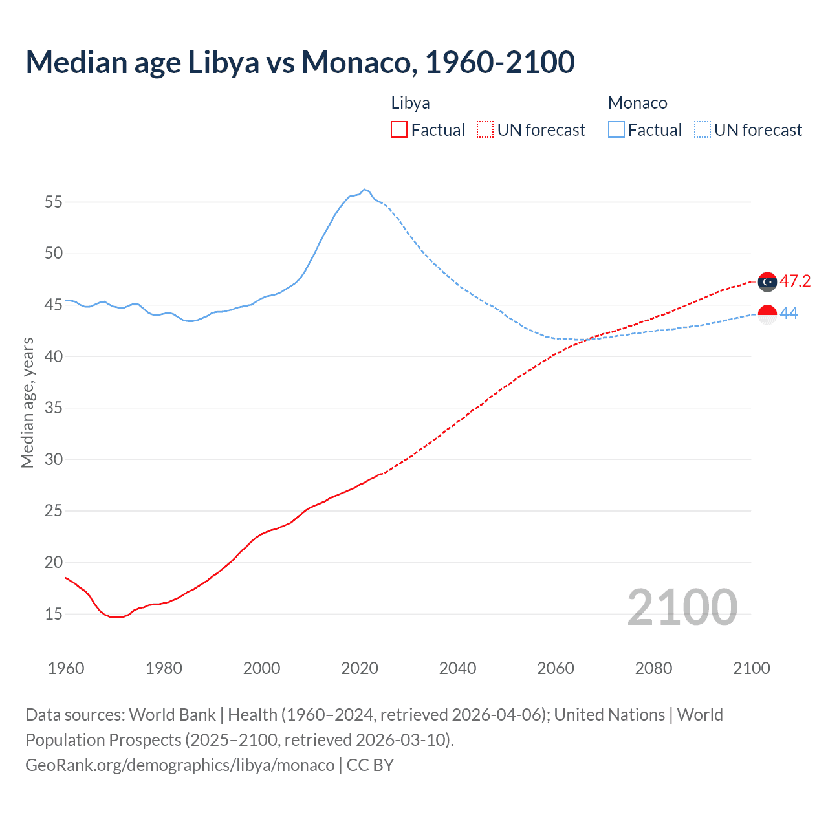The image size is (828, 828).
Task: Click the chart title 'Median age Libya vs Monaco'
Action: click(x=300, y=62)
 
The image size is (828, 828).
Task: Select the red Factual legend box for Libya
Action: click(x=399, y=130)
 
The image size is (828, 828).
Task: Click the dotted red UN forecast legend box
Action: click(x=485, y=130)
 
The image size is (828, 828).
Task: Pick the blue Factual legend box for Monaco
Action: click(x=616, y=130)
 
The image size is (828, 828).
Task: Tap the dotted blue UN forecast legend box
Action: click(x=703, y=130)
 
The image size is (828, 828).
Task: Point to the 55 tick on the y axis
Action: click(x=54, y=202)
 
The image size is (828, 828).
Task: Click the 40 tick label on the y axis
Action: click(x=54, y=356)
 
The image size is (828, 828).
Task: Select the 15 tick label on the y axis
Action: click(x=54, y=614)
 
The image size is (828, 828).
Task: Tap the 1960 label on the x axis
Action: click(x=66, y=668)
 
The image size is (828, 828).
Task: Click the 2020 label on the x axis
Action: click(x=360, y=668)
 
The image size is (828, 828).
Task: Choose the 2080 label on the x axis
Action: click(x=653, y=668)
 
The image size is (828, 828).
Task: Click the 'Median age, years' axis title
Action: click(x=27, y=402)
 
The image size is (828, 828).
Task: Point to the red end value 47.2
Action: click(x=795, y=281)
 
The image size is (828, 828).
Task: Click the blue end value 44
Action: click(x=789, y=313)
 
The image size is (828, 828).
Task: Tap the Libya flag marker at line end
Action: click(x=767, y=282)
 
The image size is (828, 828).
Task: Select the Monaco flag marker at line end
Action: click(x=767, y=314)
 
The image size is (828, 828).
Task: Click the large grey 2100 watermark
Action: click(x=682, y=607)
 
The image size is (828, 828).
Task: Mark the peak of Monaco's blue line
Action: click(x=364, y=190)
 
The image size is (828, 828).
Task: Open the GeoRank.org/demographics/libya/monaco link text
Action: click(x=180, y=765)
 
